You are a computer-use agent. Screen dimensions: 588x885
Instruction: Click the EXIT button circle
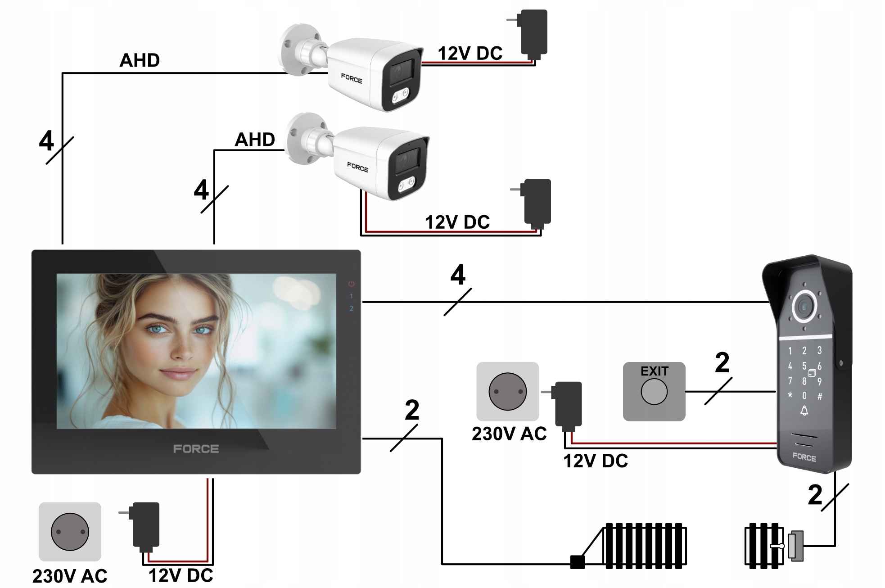[x=654, y=391]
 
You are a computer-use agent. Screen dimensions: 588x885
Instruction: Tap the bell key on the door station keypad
[x=804, y=411]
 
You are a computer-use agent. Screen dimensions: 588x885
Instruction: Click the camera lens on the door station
[x=804, y=307]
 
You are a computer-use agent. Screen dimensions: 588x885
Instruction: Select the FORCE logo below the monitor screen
[x=196, y=449]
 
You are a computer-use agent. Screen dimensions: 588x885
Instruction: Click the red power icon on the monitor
[x=351, y=284]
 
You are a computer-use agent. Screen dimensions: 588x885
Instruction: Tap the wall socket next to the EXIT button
[x=507, y=391]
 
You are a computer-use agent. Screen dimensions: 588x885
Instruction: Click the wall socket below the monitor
[x=70, y=532]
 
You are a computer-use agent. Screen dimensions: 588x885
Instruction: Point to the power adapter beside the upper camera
[x=533, y=32]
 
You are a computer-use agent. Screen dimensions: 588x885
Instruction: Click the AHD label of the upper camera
[x=140, y=60]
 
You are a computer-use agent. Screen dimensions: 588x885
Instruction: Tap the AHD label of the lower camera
[x=255, y=140]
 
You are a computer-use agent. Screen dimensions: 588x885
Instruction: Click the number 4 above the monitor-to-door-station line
[x=458, y=275]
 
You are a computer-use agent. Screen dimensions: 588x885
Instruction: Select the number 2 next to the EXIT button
[x=722, y=362]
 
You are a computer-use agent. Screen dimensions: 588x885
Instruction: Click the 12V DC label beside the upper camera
[x=470, y=54]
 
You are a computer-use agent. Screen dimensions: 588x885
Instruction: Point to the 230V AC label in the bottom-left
[x=70, y=576]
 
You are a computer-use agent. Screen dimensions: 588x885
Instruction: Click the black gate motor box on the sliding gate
[x=577, y=562]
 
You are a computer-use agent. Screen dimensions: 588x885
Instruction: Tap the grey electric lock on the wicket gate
[x=796, y=546]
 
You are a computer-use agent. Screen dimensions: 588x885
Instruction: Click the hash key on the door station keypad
[x=820, y=397]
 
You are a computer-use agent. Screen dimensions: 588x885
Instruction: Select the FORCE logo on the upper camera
[x=352, y=79]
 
